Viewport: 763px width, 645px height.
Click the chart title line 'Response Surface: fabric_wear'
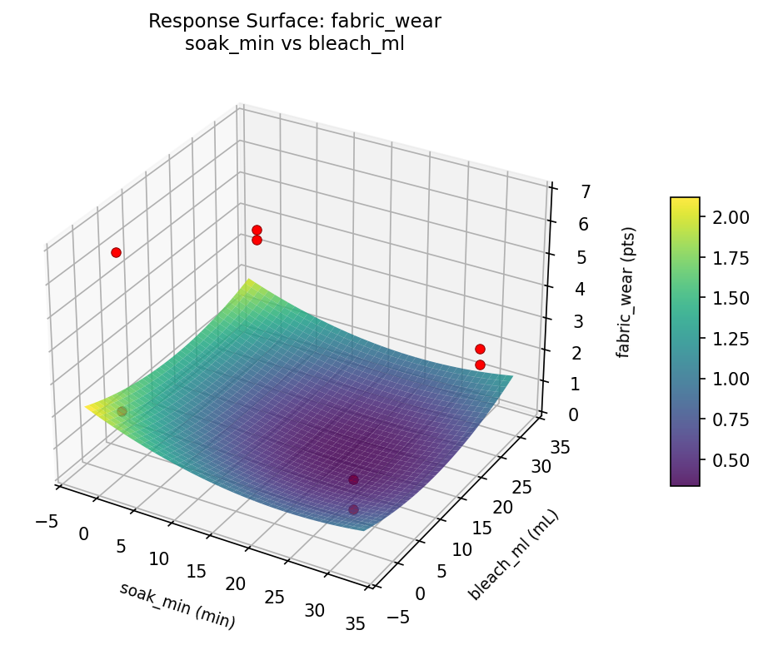[294, 22]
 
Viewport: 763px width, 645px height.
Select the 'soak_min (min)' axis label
[177, 604]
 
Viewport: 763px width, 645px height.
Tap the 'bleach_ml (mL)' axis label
[513, 555]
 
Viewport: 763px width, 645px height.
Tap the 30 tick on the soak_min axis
[315, 610]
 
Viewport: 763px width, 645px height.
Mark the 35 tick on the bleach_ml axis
[561, 448]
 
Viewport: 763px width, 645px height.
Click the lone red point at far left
[116, 252]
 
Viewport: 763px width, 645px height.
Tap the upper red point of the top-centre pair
[257, 230]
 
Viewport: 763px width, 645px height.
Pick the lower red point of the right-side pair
[480, 365]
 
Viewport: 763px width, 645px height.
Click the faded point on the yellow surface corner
[122, 411]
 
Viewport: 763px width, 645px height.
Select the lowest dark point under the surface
[353, 509]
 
